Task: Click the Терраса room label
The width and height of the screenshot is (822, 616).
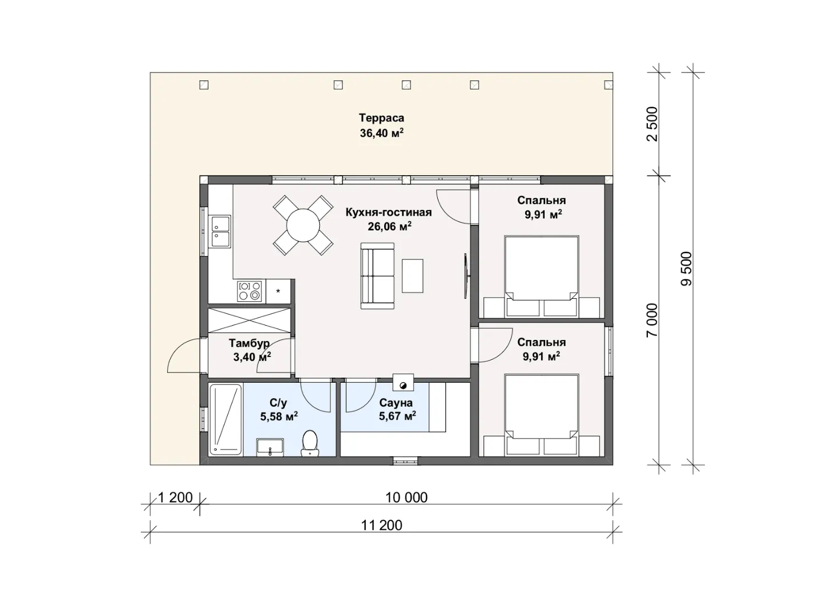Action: (x=381, y=118)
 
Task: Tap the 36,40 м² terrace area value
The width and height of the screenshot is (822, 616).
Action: (x=382, y=133)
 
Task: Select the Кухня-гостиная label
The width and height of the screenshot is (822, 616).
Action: (x=388, y=212)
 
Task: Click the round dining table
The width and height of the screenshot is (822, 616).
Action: (x=303, y=225)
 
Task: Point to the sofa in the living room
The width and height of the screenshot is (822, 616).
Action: (x=377, y=275)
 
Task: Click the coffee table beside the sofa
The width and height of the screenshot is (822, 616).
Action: (x=412, y=275)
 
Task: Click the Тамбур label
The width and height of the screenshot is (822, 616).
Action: (x=249, y=343)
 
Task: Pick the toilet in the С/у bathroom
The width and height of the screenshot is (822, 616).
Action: (x=310, y=443)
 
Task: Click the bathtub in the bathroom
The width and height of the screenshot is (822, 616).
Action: (x=225, y=419)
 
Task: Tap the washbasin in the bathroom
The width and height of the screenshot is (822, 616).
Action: (x=269, y=447)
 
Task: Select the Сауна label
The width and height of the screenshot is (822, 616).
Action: (x=396, y=403)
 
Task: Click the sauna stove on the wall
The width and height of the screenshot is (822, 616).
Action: (x=403, y=382)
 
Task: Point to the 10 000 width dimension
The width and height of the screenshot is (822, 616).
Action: (x=406, y=497)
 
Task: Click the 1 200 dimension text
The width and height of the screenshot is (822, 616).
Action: (x=175, y=497)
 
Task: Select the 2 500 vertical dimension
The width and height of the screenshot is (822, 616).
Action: (x=652, y=124)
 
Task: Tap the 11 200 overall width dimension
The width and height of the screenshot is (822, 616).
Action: (x=382, y=525)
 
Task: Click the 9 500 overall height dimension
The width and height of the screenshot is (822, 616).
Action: (x=687, y=269)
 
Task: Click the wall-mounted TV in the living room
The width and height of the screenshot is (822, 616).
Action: (x=466, y=276)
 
